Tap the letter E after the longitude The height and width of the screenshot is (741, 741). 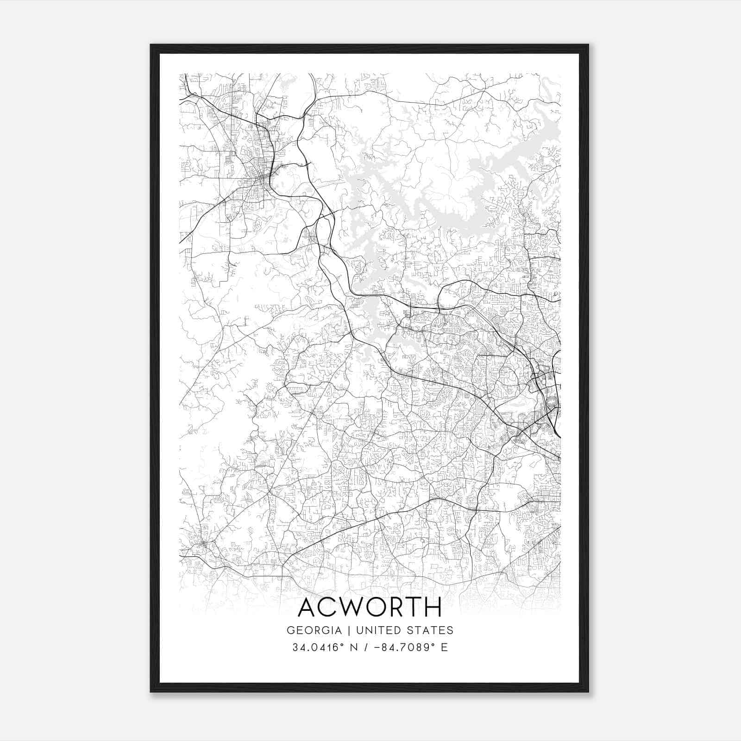pyautogui.click(x=445, y=647)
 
